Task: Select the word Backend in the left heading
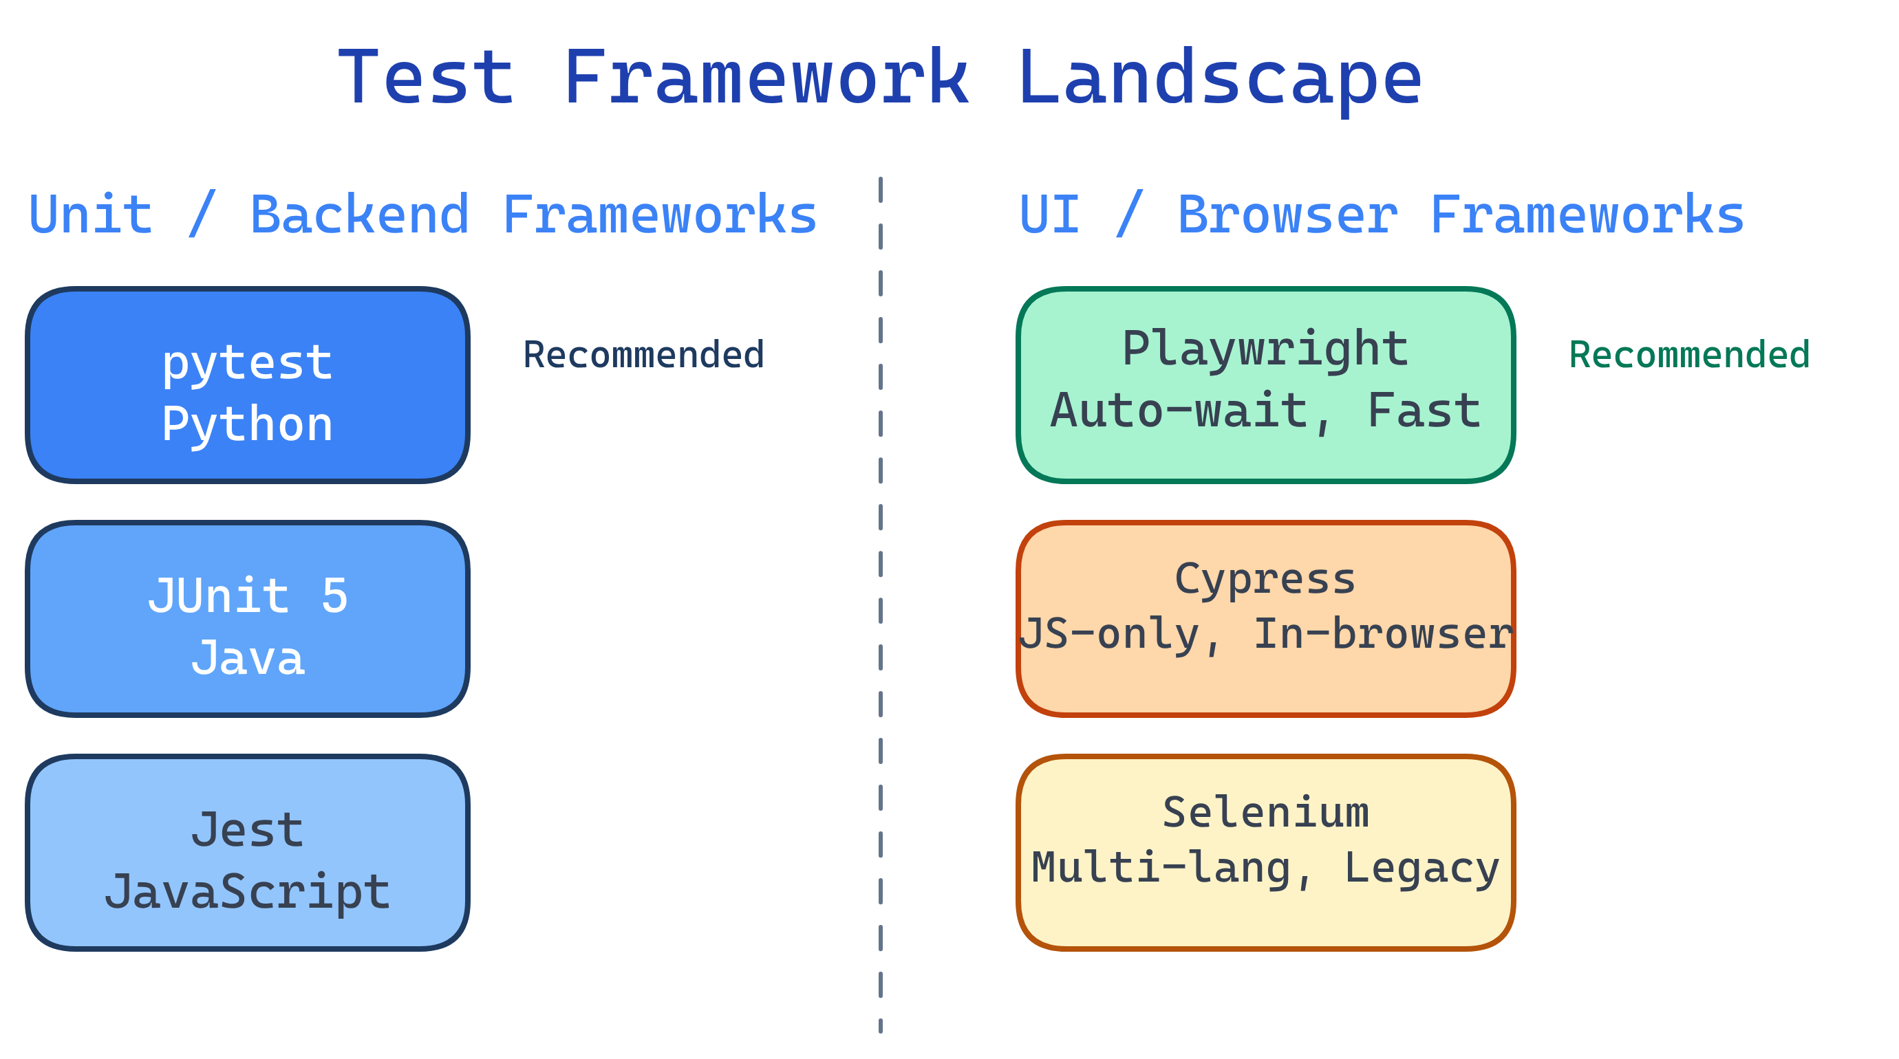(x=360, y=215)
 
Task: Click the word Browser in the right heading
(x=1287, y=215)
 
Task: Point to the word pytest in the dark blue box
(x=247, y=362)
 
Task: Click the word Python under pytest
(x=247, y=424)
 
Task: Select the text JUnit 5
(x=247, y=596)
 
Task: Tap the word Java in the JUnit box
(x=247, y=658)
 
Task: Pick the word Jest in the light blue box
(x=247, y=830)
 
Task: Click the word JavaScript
(x=247, y=892)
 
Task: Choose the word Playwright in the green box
(x=1265, y=349)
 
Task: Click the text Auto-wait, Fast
(x=1265, y=411)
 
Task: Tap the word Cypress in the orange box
(x=1265, y=579)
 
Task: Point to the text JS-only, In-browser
(x=1265, y=634)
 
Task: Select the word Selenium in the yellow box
(x=1265, y=813)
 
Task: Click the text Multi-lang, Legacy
(x=1265, y=867)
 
